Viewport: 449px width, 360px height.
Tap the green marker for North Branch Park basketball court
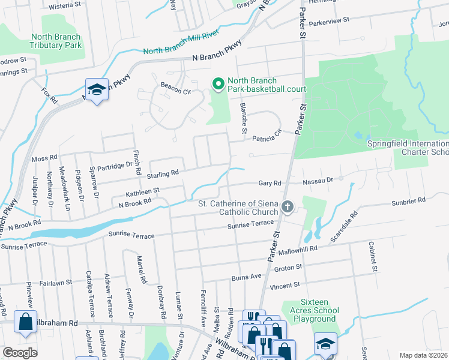coord(218,83)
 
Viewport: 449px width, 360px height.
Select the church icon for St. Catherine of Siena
coord(288,208)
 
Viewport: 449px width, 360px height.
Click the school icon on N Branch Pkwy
coord(97,90)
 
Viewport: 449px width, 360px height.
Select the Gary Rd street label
coord(270,183)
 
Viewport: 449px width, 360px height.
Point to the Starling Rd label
coord(166,173)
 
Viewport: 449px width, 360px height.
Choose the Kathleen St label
coord(142,192)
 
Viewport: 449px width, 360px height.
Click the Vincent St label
coord(284,287)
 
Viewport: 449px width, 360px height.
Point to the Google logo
coord(20,353)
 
